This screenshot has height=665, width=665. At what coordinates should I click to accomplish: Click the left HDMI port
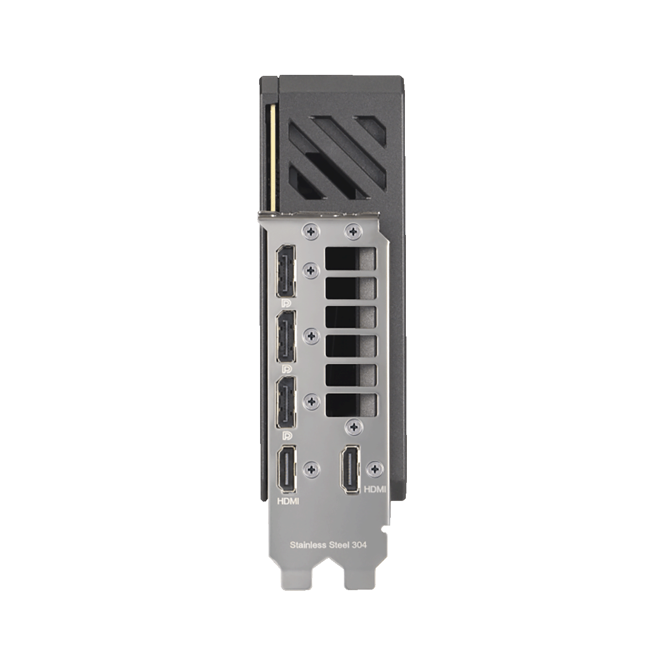tap(286, 469)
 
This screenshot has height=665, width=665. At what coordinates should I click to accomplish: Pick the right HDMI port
tap(350, 469)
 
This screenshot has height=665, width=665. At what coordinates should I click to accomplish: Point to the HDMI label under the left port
tap(288, 501)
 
